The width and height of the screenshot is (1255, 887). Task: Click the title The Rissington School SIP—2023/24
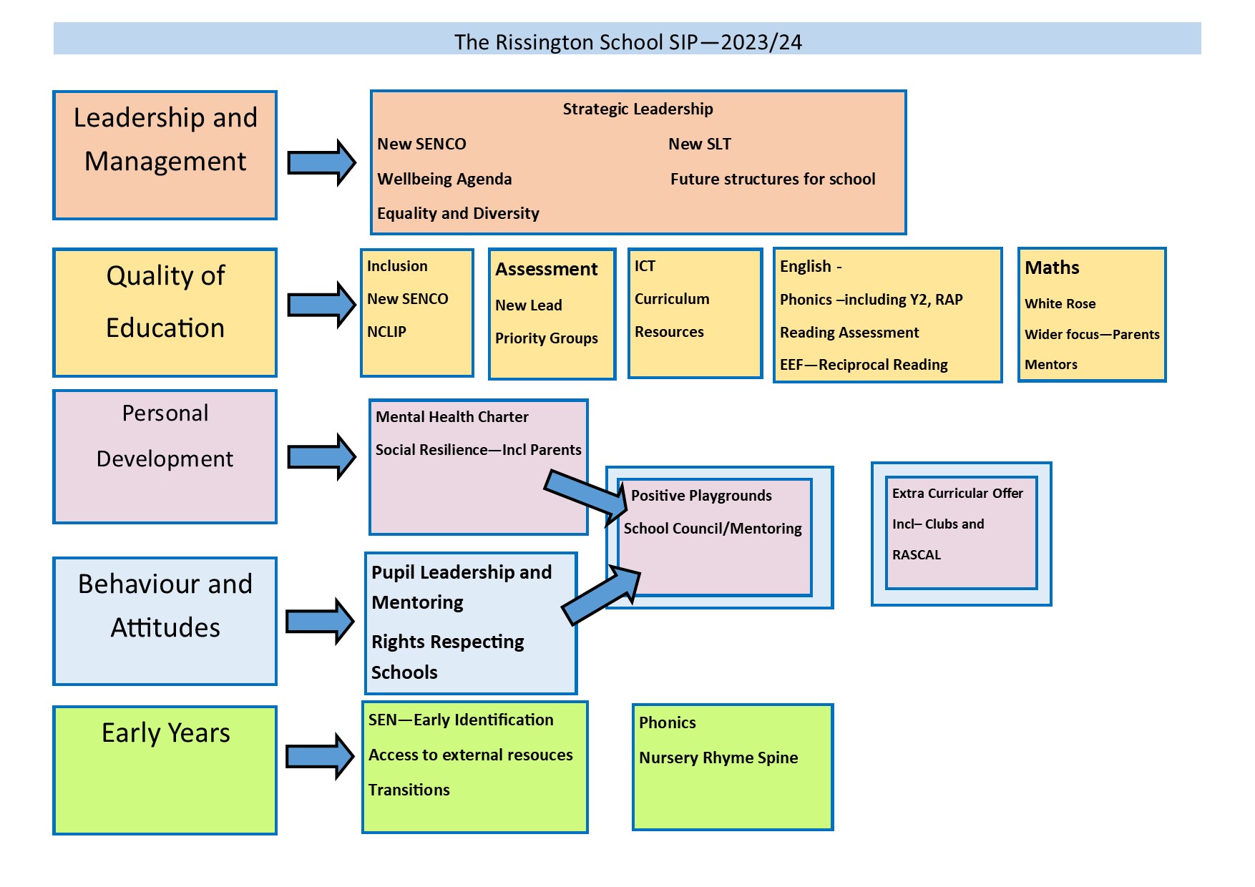627,41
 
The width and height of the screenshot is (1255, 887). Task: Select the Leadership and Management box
165,155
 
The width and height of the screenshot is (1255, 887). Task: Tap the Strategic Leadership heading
638,109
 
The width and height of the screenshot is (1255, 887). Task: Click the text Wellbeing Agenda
444,179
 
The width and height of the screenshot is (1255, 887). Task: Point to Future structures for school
773,179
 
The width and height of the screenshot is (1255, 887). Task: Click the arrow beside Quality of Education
321,305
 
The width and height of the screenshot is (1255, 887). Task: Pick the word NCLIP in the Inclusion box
386,332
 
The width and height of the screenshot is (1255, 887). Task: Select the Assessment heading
547,269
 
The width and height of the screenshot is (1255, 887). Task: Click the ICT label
645,266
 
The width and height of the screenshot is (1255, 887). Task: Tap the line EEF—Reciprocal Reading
864,365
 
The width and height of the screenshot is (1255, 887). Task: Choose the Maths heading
1052,268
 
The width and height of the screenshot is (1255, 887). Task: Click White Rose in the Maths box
1060,303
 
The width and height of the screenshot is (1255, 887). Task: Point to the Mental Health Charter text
451,417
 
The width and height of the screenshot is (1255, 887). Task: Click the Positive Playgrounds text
701,496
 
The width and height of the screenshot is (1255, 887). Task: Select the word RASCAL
917,555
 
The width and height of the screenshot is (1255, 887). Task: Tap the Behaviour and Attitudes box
165,621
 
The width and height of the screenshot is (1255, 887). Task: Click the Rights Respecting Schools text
447,657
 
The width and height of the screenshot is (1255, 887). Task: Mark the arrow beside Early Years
320,756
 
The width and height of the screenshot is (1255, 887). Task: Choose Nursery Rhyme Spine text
718,758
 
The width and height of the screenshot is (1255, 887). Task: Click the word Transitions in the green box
409,790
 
